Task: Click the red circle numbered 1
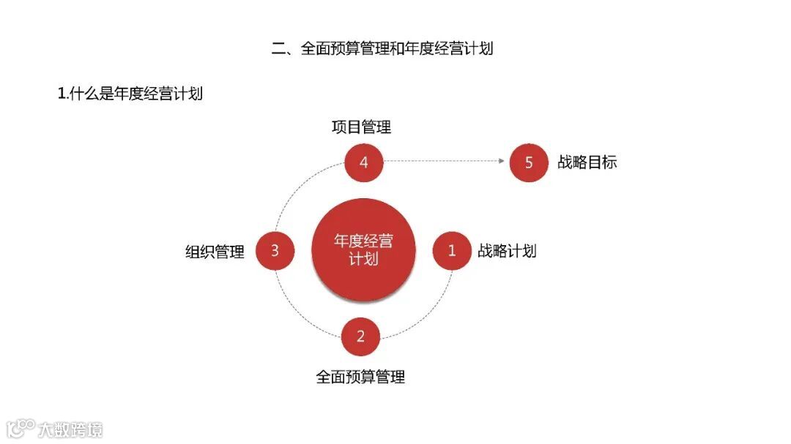tap(452, 251)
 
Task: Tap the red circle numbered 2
tap(360, 336)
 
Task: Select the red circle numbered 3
tap(275, 251)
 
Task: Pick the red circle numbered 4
tap(364, 162)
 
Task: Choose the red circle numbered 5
tap(529, 162)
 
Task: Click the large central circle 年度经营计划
tap(363, 249)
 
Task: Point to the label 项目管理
tap(361, 127)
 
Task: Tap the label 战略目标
tap(587, 162)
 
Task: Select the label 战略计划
tap(507, 251)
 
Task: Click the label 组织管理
tap(215, 252)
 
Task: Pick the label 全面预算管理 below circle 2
tap(360, 377)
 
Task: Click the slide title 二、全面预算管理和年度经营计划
tap(382, 49)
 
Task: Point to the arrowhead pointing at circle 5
tap(502, 161)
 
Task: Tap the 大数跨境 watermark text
tap(70, 429)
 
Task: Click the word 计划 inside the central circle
tap(363, 259)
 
